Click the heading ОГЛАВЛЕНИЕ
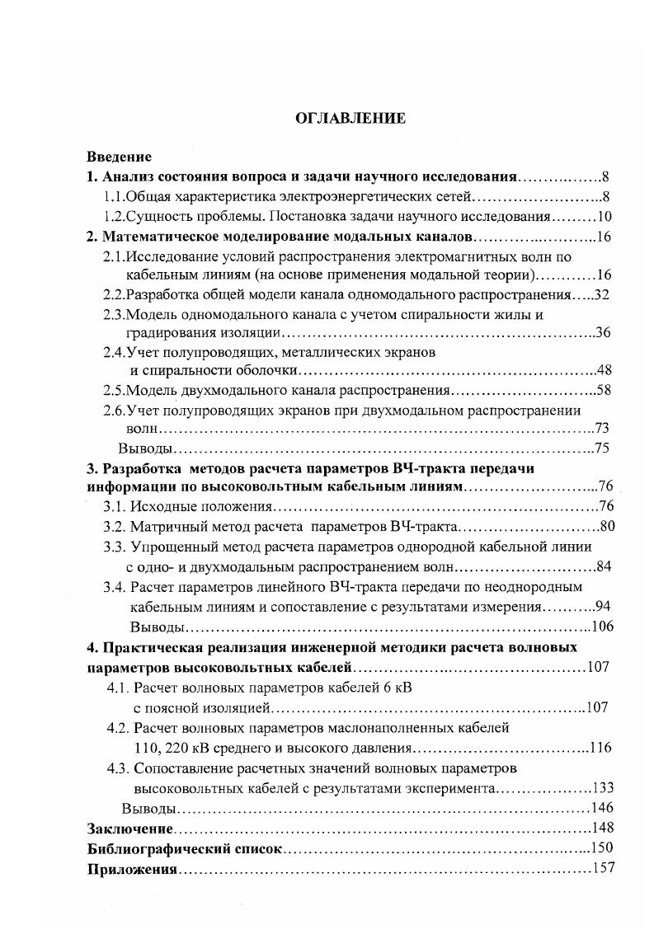pos(351,119)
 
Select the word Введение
pos(120,157)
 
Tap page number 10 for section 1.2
pos(601,217)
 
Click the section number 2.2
pos(114,294)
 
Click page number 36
pos(602,333)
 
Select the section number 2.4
pos(114,352)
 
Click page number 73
pos(601,429)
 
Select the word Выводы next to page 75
pos(146,448)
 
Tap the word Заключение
pos(130,828)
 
